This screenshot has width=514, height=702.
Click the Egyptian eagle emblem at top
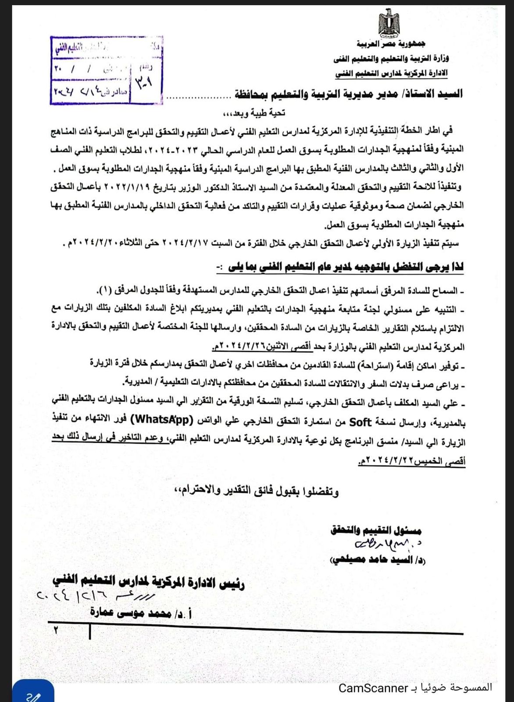click(389, 24)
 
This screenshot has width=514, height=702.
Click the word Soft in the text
click(360, 422)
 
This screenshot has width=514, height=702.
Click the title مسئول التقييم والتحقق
click(376, 530)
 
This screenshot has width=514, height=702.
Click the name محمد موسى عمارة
click(140, 613)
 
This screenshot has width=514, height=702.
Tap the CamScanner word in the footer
click(373, 688)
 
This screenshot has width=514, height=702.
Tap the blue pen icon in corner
click(33, 695)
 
